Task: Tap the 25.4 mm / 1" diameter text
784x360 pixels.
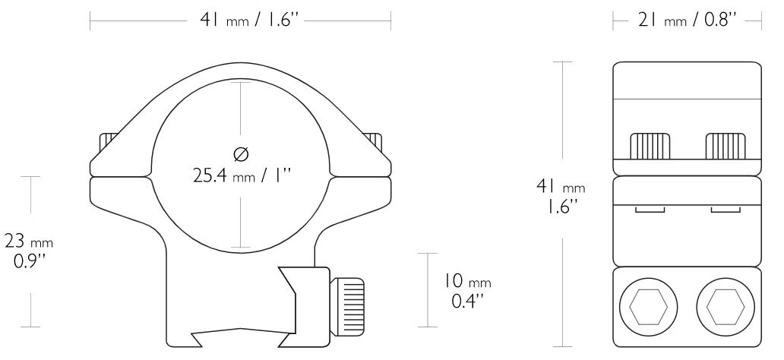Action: (x=241, y=176)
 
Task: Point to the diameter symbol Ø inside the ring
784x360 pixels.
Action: (x=241, y=155)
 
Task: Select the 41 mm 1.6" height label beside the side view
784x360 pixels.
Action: (x=562, y=195)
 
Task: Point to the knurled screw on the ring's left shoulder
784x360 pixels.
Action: (x=107, y=143)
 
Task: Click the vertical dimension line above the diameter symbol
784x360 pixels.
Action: (x=241, y=110)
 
